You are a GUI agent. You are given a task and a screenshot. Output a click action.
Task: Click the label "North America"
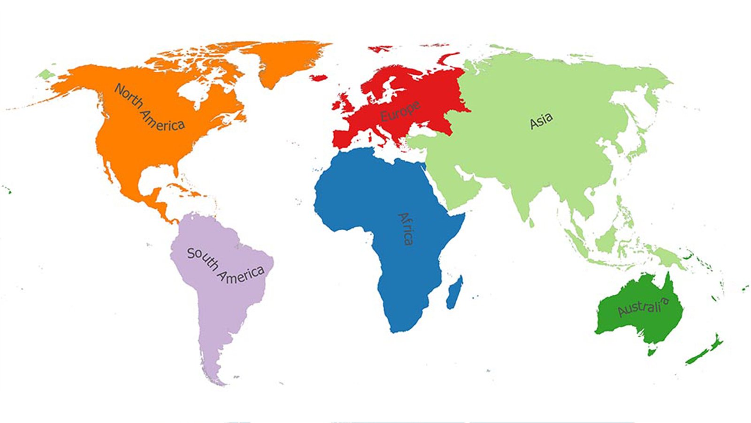click(x=149, y=108)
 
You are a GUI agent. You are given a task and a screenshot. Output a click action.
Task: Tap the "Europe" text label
click(x=399, y=111)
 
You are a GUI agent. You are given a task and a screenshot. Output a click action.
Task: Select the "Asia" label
click(x=541, y=121)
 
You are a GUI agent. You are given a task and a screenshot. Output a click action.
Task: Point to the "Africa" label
click(x=406, y=229)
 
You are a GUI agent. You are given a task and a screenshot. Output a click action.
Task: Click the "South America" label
click(x=225, y=266)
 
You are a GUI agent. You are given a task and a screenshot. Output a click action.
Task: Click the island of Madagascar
click(x=454, y=292)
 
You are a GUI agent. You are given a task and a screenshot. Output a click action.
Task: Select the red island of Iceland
click(x=319, y=77)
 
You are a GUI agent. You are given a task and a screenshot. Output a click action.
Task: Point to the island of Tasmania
click(x=651, y=351)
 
